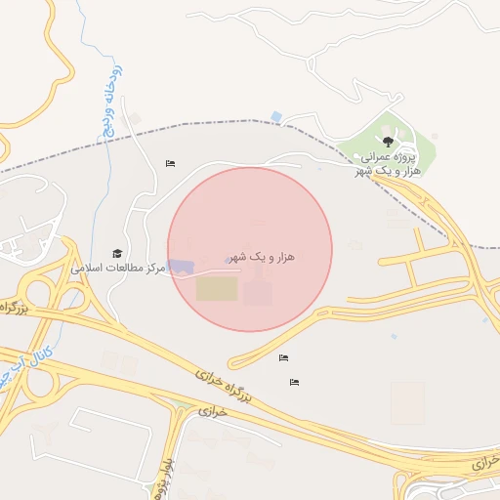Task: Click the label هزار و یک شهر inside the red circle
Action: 264,256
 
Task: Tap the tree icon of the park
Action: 389,141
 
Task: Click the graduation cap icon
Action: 118,254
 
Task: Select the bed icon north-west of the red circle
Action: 171,163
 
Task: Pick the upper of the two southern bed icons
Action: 283,357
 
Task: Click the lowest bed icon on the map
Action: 294,382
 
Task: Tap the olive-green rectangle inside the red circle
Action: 217,289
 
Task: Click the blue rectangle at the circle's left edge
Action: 182,266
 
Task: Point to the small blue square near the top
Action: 276,117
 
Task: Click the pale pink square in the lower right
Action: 407,401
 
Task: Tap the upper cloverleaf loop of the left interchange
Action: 41,289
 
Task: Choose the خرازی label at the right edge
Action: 484,460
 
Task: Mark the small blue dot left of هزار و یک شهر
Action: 228,260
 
